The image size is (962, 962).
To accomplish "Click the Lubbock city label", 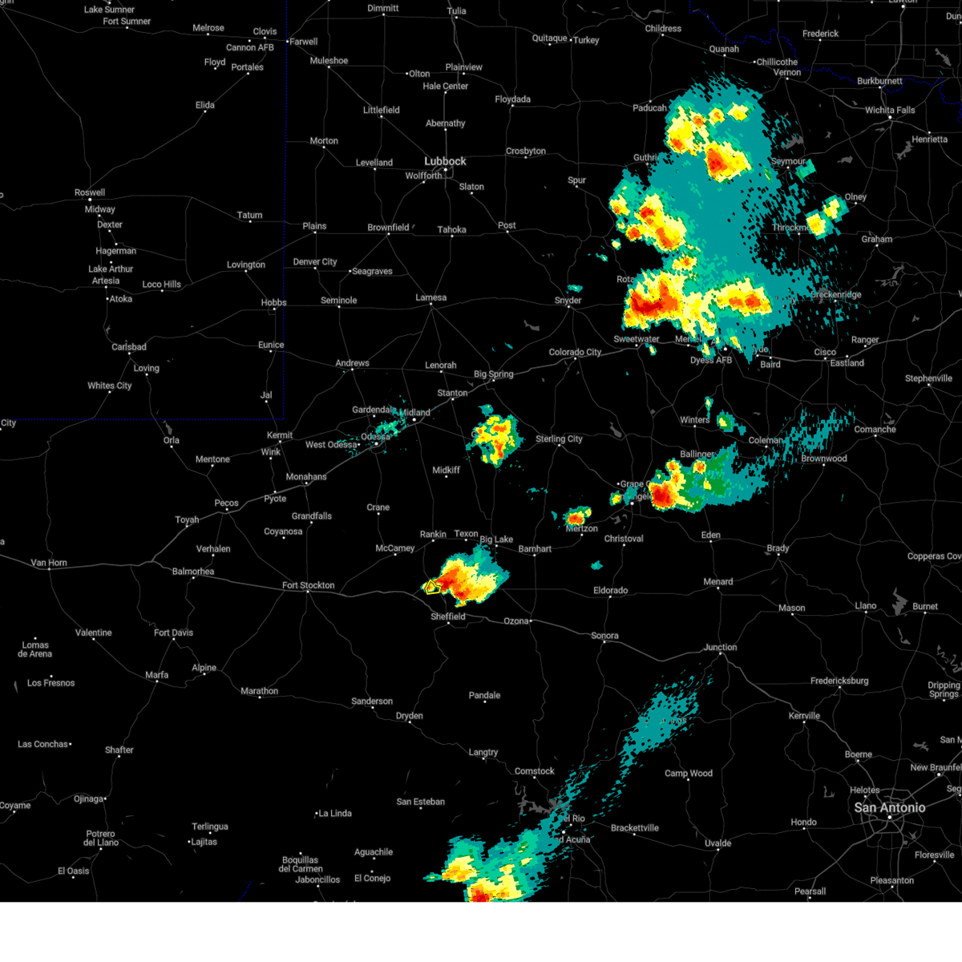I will [x=445, y=161].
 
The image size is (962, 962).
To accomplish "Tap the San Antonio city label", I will [x=889, y=807].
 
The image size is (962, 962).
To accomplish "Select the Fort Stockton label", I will [x=308, y=585].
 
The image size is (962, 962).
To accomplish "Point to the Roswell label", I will [x=90, y=192].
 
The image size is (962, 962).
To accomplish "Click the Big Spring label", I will [x=493, y=374].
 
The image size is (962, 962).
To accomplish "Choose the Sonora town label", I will [x=604, y=636].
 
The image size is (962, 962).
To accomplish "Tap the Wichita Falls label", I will [x=890, y=110].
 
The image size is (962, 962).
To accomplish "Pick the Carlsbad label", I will [x=128, y=347].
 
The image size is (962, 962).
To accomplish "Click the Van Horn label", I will [x=49, y=563].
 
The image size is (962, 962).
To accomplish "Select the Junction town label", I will [x=720, y=647].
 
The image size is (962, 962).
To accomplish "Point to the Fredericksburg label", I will [x=839, y=681].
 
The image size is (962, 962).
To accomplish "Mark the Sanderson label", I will [x=372, y=701].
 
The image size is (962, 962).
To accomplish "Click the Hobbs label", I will [x=273, y=303].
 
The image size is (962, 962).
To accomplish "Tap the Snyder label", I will [x=568, y=301].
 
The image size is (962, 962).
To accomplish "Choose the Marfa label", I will [x=156, y=675].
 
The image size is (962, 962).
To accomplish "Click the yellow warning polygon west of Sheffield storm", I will [x=430, y=586].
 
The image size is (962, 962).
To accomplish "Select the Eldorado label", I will [x=610, y=591].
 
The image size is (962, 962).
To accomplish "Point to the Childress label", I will [x=663, y=29].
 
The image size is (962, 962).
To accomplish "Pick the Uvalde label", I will [x=717, y=843].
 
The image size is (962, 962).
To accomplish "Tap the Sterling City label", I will [x=559, y=439].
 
